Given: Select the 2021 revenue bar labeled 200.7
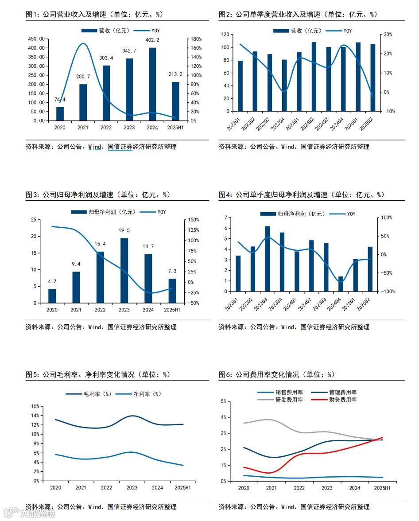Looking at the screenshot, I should [83, 102].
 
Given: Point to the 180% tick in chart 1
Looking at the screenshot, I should [196, 39].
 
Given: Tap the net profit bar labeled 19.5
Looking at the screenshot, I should [124, 271].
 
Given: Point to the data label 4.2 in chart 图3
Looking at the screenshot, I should [52, 281].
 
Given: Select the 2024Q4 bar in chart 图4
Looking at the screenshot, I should [341, 284].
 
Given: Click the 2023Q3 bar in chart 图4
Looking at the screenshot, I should [268, 259].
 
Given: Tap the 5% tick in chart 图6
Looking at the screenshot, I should [224, 401].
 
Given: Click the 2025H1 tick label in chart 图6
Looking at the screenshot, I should [382, 488].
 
